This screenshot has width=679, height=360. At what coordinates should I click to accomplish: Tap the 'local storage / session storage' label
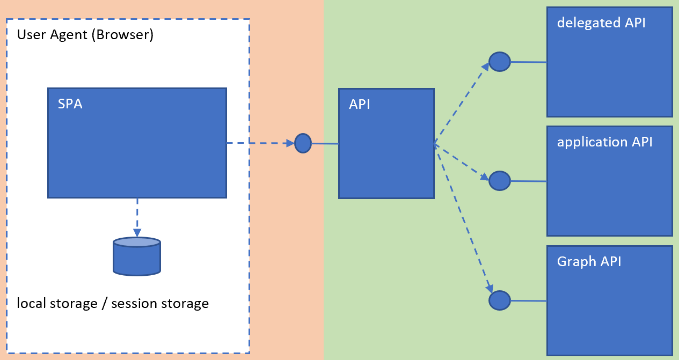(113, 303)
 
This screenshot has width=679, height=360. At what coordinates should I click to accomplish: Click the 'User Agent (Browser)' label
(85, 35)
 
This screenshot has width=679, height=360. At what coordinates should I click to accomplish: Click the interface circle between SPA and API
(303, 143)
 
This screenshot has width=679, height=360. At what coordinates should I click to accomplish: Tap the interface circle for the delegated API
(499, 62)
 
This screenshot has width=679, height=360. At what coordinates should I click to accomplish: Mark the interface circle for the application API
(499, 181)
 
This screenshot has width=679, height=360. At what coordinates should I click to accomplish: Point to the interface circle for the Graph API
(499, 300)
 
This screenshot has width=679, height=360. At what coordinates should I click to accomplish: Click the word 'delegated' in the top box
(582, 23)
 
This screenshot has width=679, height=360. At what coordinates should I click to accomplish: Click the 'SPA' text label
(70, 104)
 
